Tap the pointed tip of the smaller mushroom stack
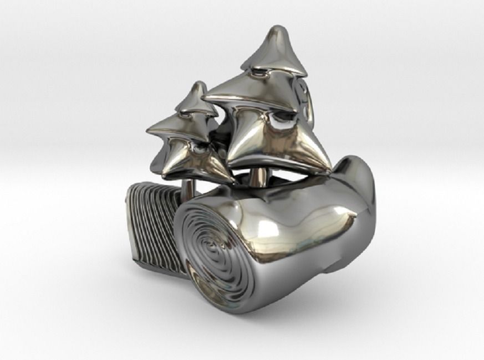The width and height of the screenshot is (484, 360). pyautogui.click(x=196, y=84)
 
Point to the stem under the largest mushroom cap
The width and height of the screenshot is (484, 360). pyautogui.click(x=258, y=177)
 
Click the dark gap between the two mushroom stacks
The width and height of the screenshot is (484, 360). pyautogui.click(x=220, y=141)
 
